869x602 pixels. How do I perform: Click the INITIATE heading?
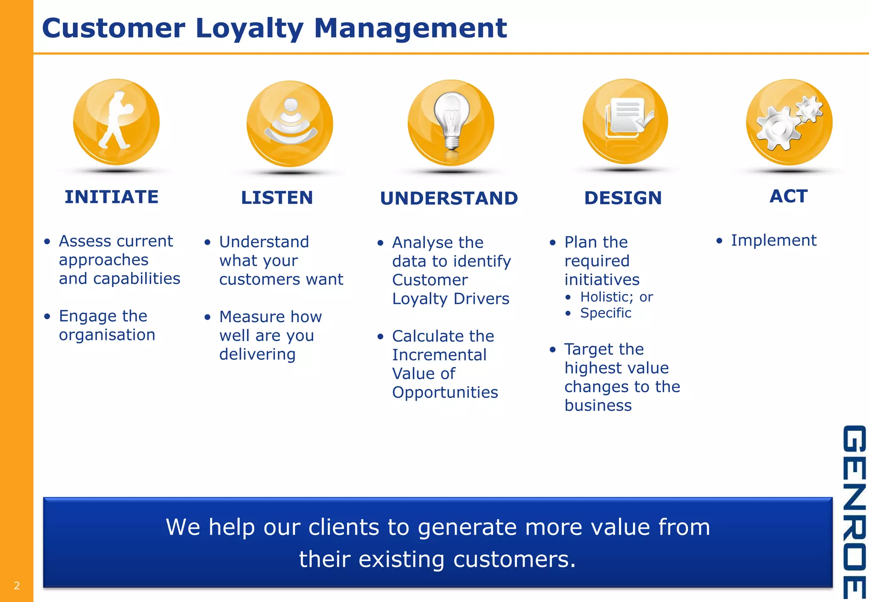tap(112, 197)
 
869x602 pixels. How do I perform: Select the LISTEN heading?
tap(277, 198)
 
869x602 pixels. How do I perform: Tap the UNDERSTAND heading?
tap(449, 198)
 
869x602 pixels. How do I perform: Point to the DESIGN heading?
tap(623, 198)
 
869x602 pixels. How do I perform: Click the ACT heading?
tap(788, 196)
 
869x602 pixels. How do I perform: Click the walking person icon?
tap(115, 121)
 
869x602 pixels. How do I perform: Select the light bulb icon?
tap(451, 121)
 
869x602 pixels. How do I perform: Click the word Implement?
tap(774, 240)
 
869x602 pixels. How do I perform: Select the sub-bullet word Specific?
tap(605, 313)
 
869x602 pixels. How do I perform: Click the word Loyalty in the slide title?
tap(249, 28)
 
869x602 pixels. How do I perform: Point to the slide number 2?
tap(17, 586)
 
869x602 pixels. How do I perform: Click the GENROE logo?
tap(854, 512)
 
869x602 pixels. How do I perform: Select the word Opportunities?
tap(445, 392)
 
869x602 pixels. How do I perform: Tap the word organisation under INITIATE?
tap(107, 335)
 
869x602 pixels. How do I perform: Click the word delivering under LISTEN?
tap(257, 354)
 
